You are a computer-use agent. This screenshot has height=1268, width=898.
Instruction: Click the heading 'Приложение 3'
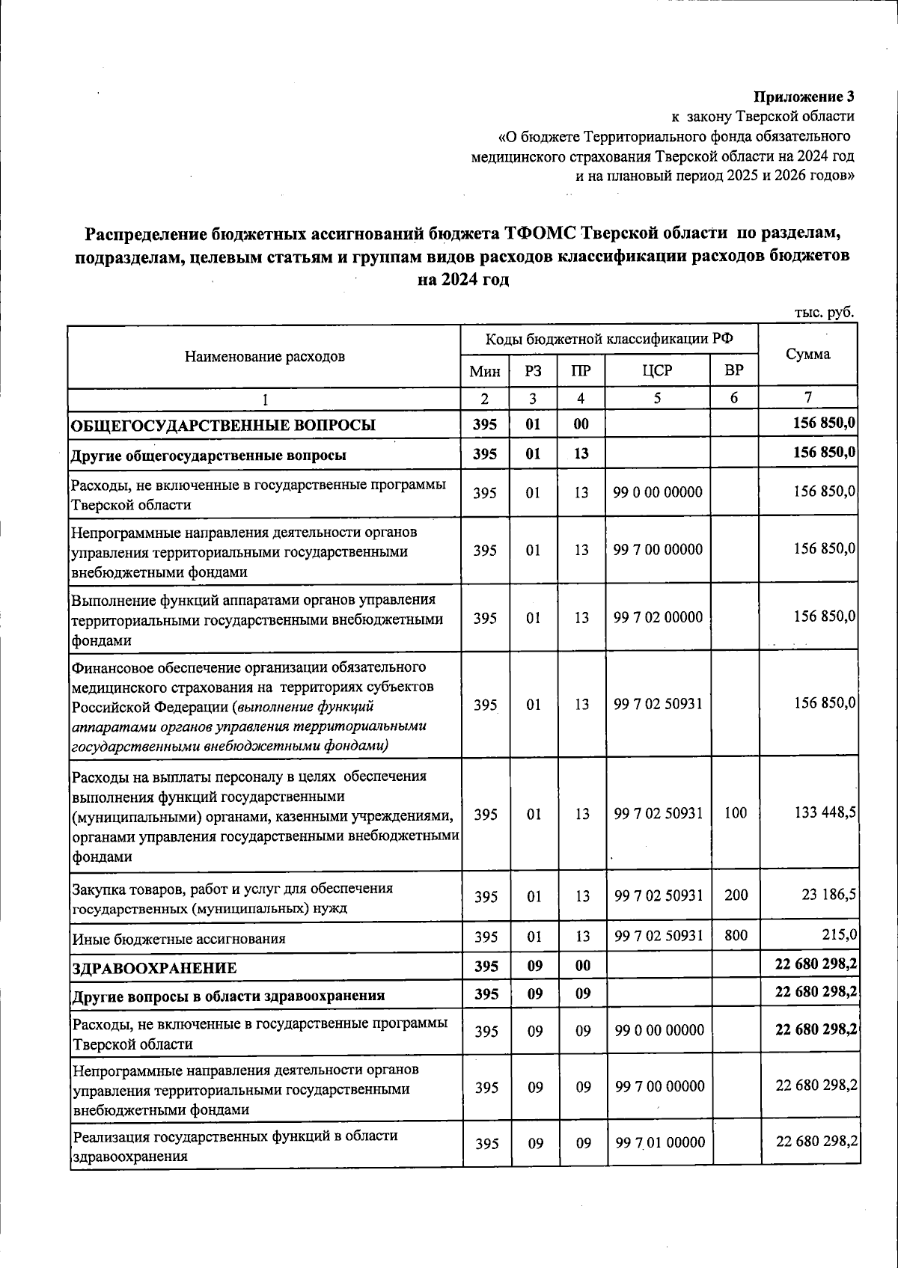(x=803, y=97)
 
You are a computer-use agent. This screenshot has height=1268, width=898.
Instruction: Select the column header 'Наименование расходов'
(x=265, y=356)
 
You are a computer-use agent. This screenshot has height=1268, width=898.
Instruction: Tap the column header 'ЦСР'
(x=657, y=371)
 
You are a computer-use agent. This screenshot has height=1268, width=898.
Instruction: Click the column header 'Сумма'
(x=807, y=355)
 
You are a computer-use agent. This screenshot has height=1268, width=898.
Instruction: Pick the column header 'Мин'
(x=484, y=371)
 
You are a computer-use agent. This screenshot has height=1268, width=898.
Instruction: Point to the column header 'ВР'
(x=734, y=371)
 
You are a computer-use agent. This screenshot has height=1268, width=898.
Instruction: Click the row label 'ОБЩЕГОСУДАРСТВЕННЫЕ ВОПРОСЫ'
(x=223, y=426)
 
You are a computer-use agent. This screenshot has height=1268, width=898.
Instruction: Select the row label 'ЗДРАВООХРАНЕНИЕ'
(x=154, y=968)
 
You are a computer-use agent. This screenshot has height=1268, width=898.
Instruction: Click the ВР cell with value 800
(x=736, y=935)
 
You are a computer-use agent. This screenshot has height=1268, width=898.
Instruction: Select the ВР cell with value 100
(x=736, y=813)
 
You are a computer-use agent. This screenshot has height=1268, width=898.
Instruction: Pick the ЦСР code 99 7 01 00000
(x=659, y=1142)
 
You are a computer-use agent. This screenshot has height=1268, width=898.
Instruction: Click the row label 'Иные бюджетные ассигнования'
(x=179, y=938)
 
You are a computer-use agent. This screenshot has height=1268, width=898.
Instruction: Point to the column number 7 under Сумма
(x=807, y=397)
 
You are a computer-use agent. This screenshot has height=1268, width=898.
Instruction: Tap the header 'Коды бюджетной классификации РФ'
(x=609, y=339)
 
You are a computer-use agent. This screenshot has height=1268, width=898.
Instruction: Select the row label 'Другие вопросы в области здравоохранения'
(x=228, y=996)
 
